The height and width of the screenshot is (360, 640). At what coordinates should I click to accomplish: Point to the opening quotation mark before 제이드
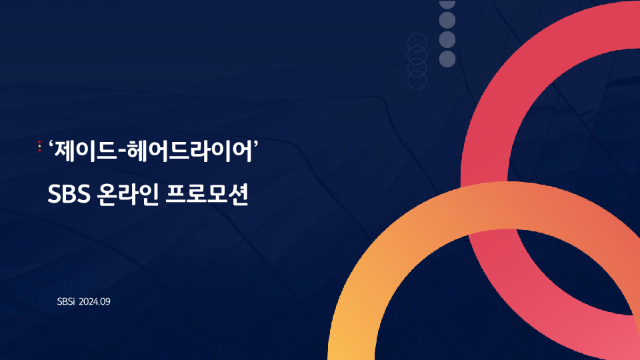point(51,144)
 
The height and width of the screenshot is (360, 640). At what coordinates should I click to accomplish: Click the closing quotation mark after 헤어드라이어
point(256,144)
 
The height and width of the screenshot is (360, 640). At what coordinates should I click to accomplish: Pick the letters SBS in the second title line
point(69,194)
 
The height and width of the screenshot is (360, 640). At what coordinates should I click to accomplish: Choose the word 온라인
point(128,194)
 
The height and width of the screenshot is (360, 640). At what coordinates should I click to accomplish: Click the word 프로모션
point(207,194)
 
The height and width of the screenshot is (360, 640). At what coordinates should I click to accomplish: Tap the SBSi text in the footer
point(66,301)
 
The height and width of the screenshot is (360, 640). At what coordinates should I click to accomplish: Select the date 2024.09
point(94,301)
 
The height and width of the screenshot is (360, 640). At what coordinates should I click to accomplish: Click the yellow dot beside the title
point(39,146)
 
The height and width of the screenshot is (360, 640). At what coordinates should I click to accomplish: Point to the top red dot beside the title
point(39,142)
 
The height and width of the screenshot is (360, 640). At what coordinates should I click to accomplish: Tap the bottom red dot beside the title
point(39,151)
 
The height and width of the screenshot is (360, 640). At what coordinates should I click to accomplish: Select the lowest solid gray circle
point(447,59)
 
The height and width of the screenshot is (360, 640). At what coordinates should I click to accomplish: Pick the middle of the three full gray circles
point(447,39)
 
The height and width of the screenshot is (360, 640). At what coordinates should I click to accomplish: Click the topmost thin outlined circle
point(417,43)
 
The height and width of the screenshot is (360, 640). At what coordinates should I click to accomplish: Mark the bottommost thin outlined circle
point(417,79)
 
